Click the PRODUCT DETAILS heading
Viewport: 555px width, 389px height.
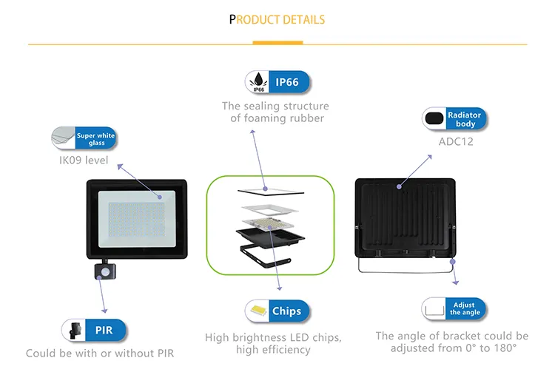tap(277, 19)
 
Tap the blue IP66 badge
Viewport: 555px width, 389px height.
tap(288, 82)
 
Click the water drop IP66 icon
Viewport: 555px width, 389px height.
tap(259, 82)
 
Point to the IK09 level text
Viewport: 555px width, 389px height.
tap(84, 160)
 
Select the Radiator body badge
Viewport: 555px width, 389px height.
tap(465, 118)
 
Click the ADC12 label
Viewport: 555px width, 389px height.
tap(455, 141)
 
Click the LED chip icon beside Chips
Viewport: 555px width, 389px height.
tap(258, 311)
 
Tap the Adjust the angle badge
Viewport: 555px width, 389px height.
tap(465, 308)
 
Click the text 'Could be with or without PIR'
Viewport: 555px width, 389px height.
tap(100, 354)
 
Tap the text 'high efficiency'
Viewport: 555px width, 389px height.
tap(273, 350)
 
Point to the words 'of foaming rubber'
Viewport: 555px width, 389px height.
tap(277, 118)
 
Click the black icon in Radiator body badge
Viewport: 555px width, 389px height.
tap(435, 118)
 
